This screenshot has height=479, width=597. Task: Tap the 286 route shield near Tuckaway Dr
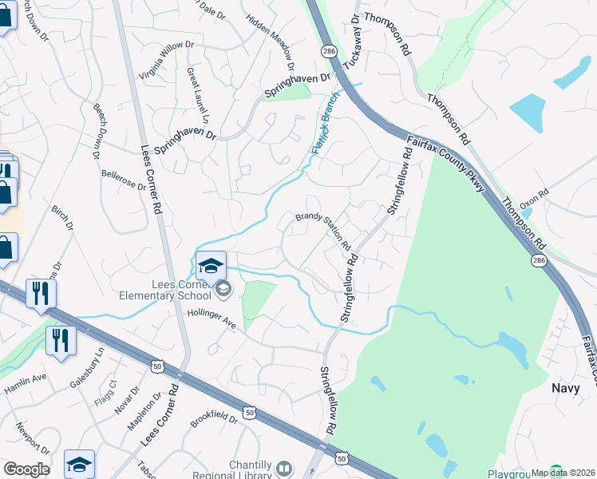pos(329,50)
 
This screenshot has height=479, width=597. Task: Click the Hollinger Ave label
pos(212,319)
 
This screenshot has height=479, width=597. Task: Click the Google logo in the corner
pos(26,469)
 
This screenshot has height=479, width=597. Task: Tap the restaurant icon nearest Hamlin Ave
pos(61,341)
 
